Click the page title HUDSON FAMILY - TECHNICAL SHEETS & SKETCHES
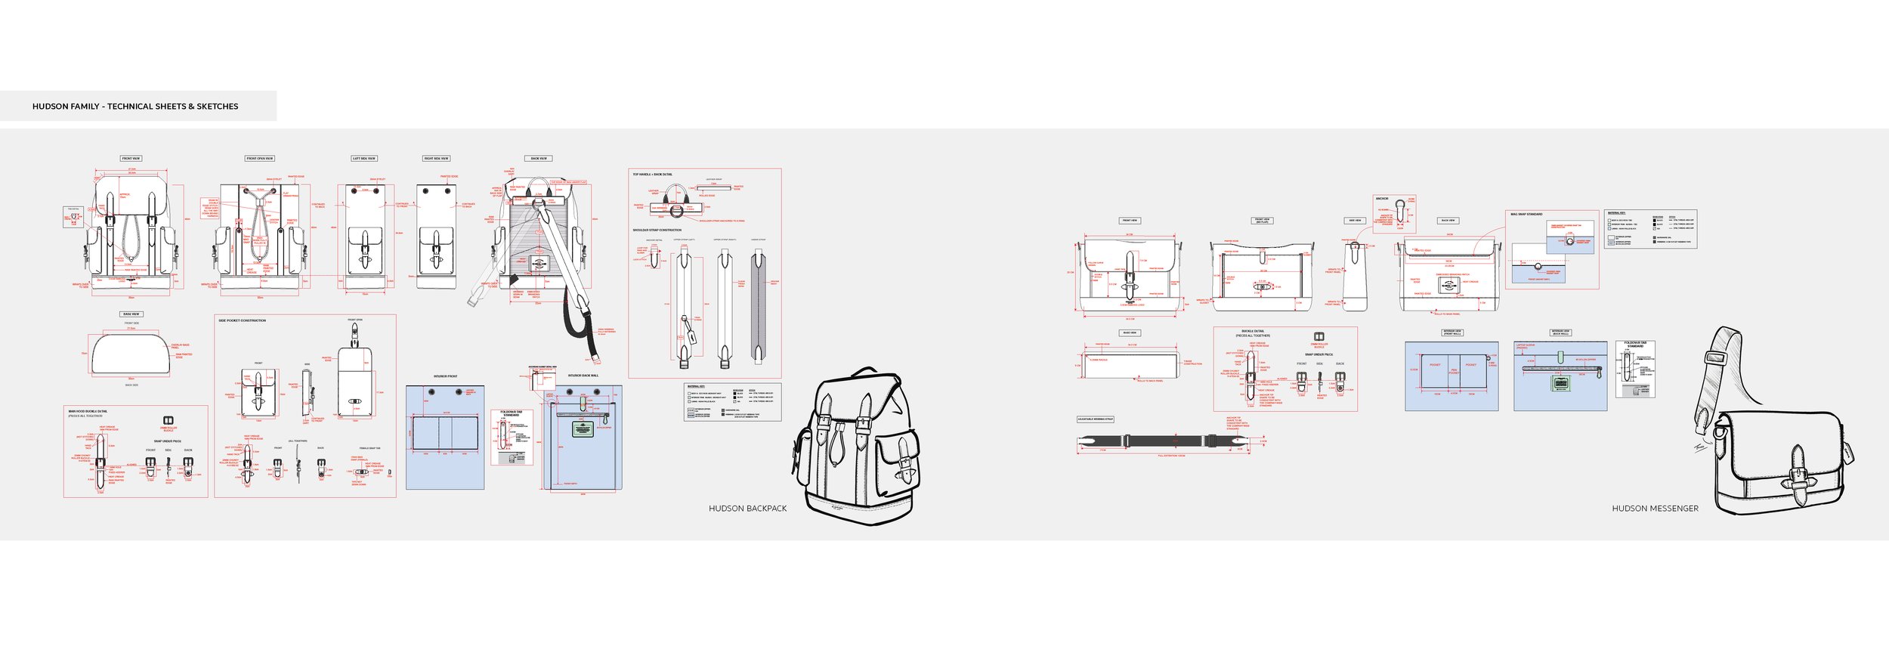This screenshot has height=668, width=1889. (135, 107)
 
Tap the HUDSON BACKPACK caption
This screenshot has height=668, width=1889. (747, 509)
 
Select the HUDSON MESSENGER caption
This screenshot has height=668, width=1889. (1655, 509)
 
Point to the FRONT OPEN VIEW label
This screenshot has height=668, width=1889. (260, 159)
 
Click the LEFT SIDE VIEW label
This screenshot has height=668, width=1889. (364, 159)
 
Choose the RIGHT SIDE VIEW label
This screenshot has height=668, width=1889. (436, 159)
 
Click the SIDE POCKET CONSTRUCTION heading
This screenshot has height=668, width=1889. (243, 320)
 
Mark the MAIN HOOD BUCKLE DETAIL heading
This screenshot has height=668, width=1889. (88, 411)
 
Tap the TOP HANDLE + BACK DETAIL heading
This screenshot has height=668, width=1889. (652, 175)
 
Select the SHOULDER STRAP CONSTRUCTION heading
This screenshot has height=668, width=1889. (657, 230)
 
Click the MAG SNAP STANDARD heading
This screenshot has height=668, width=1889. (1526, 215)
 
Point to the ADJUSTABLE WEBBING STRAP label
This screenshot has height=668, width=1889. (1095, 419)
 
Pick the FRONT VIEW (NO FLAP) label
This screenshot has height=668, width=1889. (1262, 221)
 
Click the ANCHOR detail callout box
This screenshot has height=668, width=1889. (1394, 214)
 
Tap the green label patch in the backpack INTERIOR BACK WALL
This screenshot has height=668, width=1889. (581, 430)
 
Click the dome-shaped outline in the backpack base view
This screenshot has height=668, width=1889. (131, 354)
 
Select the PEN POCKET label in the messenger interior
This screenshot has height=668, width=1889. (1454, 371)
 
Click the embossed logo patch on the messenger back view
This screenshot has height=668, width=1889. (1448, 284)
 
